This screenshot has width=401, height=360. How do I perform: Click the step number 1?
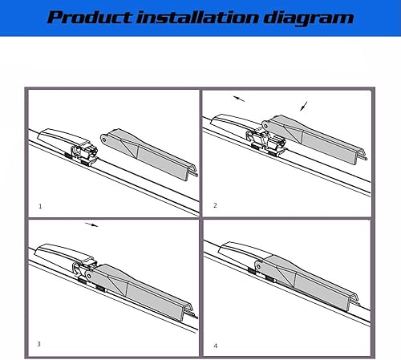[x=40, y=206]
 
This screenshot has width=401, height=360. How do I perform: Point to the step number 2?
[x=215, y=205]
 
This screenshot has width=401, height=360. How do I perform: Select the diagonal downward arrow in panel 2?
[x=302, y=105]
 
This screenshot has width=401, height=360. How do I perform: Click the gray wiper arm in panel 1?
[x=144, y=148]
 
